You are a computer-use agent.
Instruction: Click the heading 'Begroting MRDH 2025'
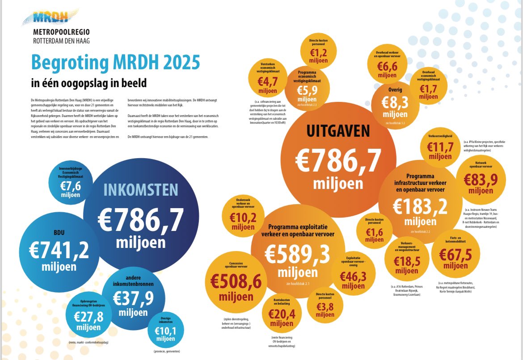115,63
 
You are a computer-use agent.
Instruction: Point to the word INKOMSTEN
141,190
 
